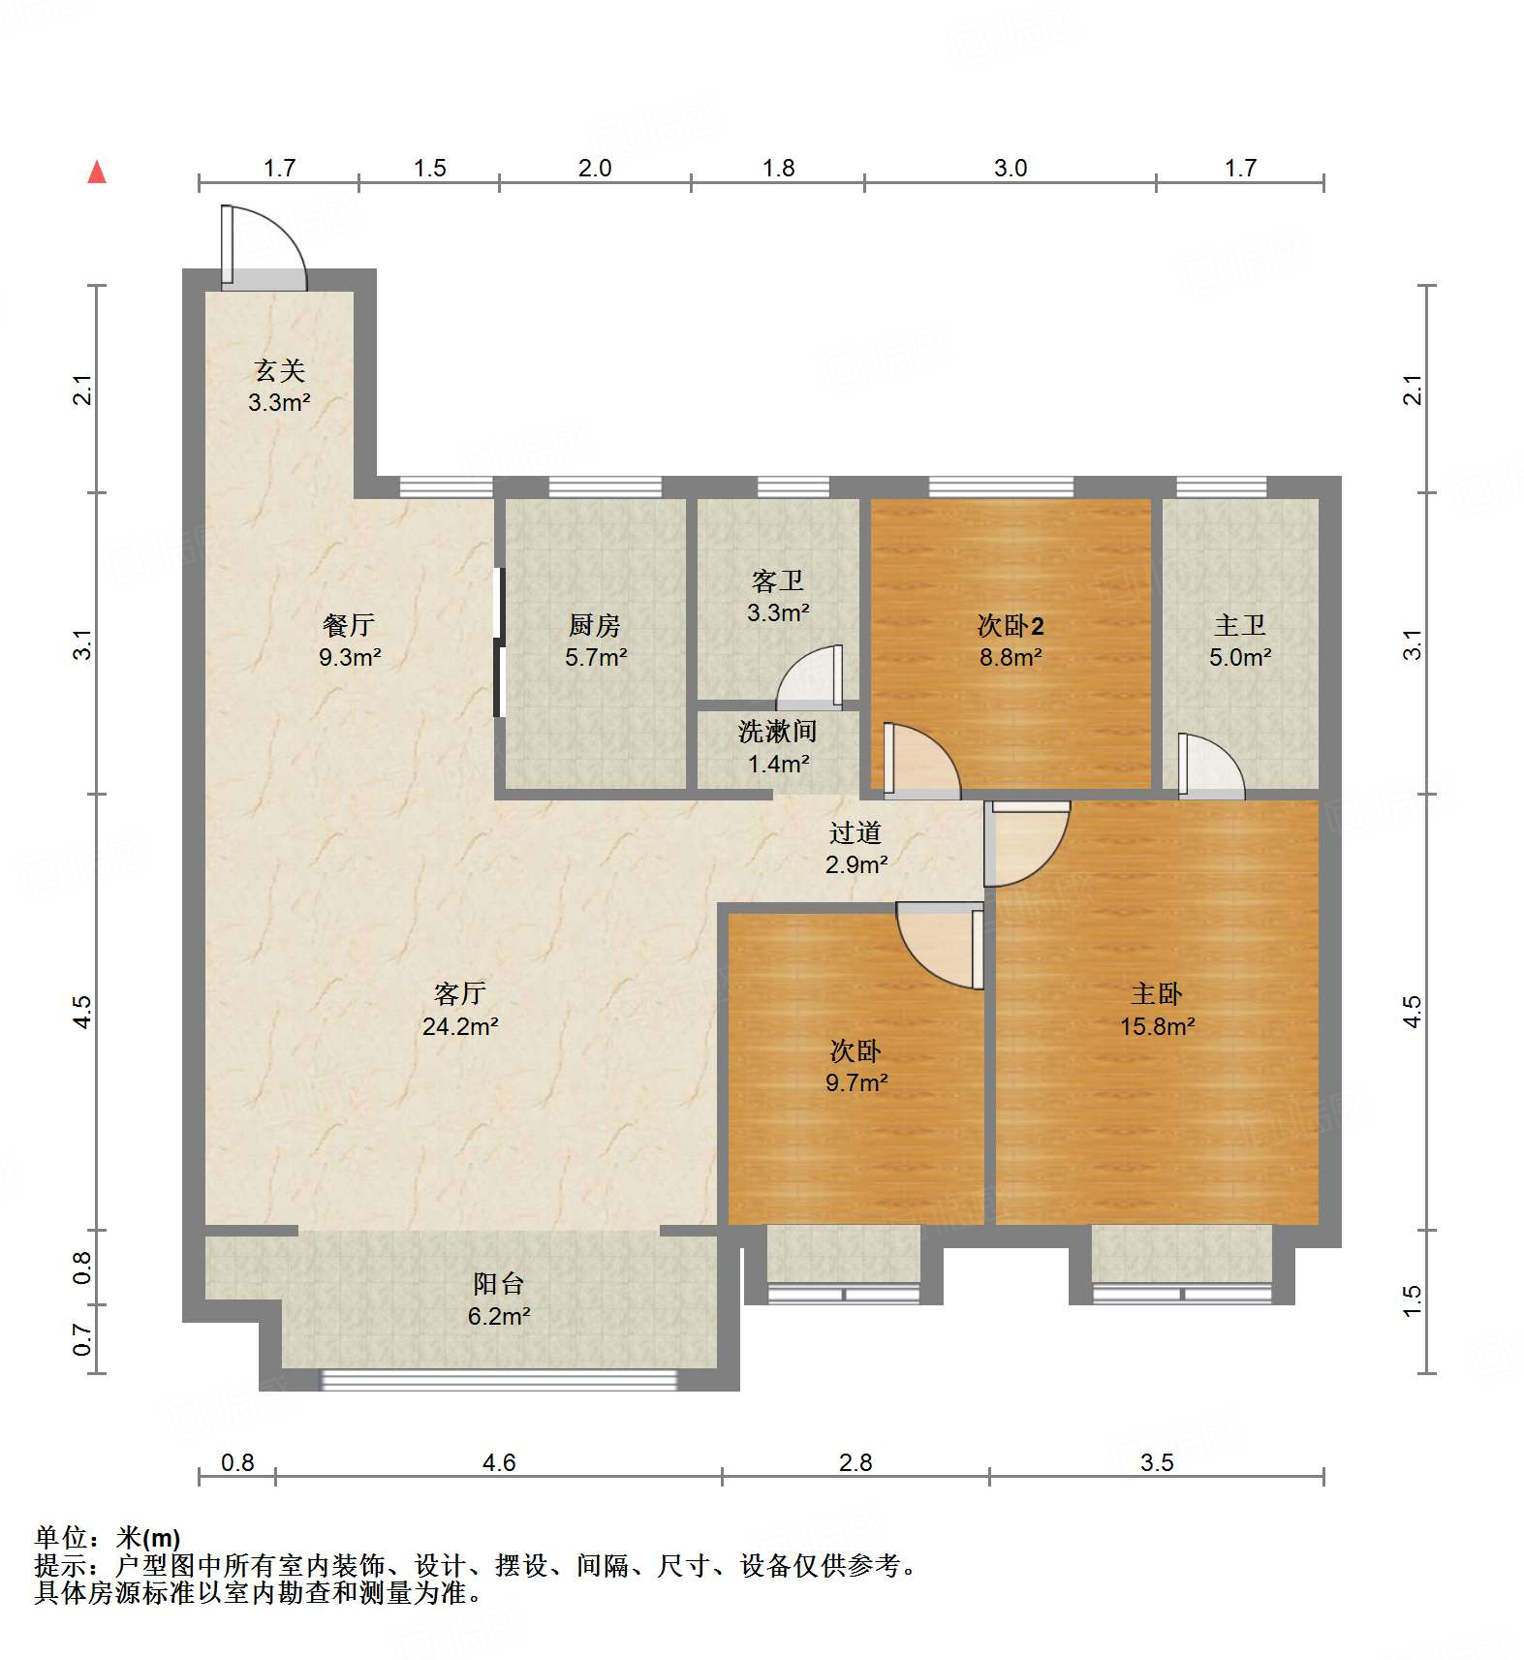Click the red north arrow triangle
click(97, 172)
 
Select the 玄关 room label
click(279, 370)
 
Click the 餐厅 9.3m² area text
click(349, 657)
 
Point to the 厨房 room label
click(595, 625)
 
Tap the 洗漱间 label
click(777, 732)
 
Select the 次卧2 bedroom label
click(1010, 625)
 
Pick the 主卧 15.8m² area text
click(1157, 1026)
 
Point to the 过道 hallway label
click(855, 832)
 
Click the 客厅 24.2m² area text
click(460, 1026)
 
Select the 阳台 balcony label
click(498, 1284)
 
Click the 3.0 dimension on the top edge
click(1010, 168)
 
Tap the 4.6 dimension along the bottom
click(498, 1462)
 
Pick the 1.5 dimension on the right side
click(1413, 1300)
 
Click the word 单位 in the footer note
click(60, 1537)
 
